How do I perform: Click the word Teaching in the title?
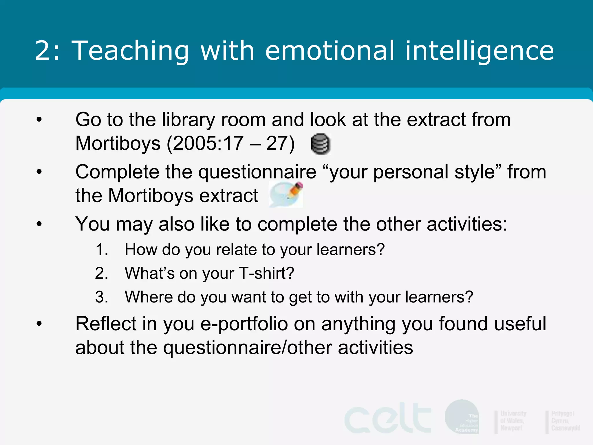tap(130, 51)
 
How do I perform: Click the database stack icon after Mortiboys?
tap(321, 144)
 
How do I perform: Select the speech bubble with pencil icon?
tap(286, 194)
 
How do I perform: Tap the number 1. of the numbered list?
tap(102, 250)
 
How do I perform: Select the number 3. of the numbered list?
tap(102, 297)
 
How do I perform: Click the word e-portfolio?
tap(244, 324)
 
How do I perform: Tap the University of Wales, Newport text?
tap(513, 421)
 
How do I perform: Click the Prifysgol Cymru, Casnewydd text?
tap(565, 421)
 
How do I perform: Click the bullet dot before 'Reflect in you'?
tap(39, 324)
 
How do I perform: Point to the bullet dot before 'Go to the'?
tap(39, 120)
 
